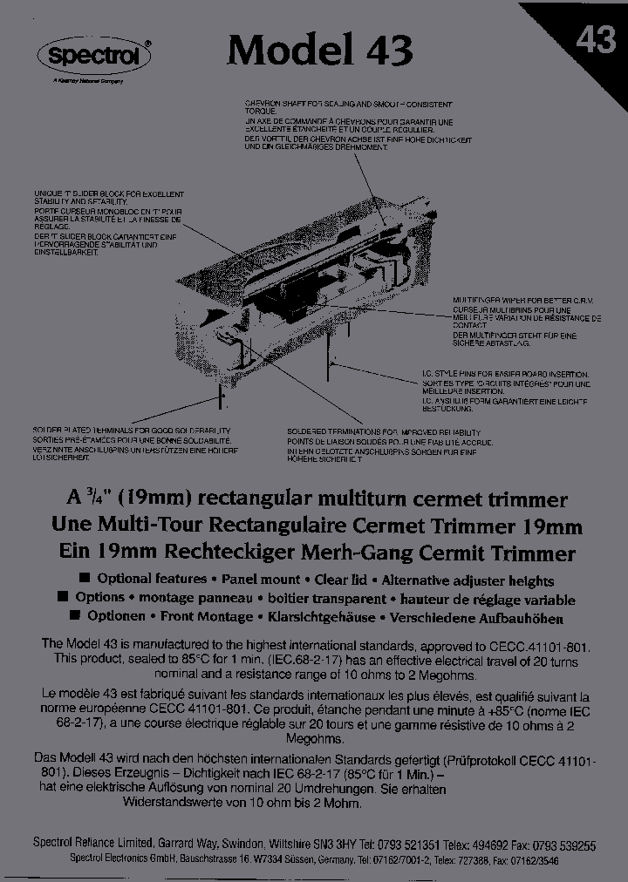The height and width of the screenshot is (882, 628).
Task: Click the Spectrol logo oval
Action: point(95,55)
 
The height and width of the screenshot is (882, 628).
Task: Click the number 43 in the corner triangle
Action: point(596,39)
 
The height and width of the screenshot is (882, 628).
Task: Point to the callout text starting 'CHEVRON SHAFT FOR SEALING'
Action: point(358,125)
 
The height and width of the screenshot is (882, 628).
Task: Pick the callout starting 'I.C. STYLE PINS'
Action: point(506,390)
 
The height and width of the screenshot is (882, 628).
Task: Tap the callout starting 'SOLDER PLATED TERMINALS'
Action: point(131,444)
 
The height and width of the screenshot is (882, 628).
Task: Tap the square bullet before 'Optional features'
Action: point(85,579)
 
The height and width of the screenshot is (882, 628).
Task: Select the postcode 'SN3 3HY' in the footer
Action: point(332,845)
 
